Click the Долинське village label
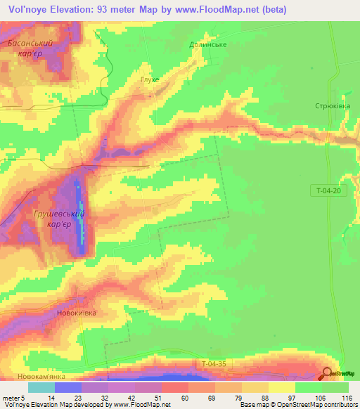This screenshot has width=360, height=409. pyautogui.click(x=207, y=44)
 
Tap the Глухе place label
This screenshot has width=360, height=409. pyautogui.click(x=150, y=79)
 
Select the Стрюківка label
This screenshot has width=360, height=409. pyautogui.click(x=332, y=105)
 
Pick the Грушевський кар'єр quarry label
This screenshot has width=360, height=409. pyautogui.click(x=59, y=219)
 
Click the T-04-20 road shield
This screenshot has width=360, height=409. pyautogui.click(x=327, y=190)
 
